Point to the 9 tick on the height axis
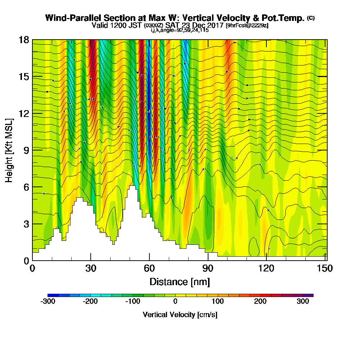(x=32, y=150)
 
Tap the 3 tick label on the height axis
(x=26, y=224)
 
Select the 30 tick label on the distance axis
(x=91, y=269)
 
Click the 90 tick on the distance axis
(x=208, y=260)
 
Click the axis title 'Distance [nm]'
(x=180, y=282)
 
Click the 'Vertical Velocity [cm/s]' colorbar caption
(x=180, y=315)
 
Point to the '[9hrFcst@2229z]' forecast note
(x=247, y=26)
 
